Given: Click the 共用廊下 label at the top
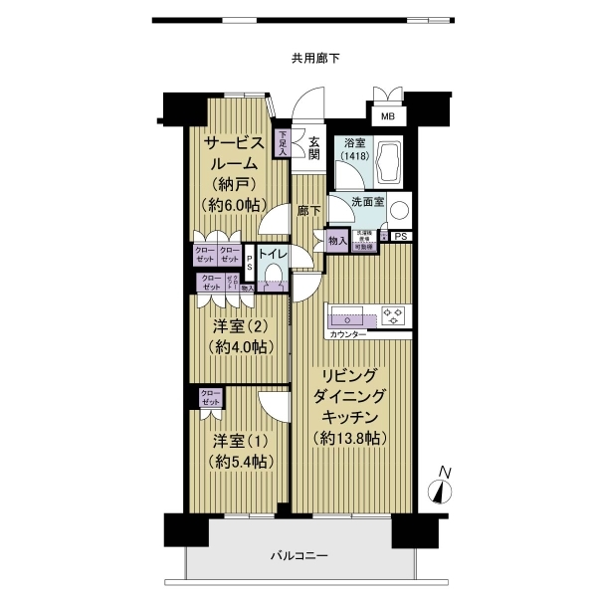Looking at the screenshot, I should tap(315, 58).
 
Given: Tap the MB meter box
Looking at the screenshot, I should tap(387, 115).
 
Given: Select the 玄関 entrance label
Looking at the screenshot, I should tap(313, 147).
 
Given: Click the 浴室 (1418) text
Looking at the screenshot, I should tap(352, 150).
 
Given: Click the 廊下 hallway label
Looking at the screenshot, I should tap(308, 211).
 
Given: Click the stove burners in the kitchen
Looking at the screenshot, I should tap(395, 316).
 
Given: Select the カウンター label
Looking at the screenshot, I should tap(347, 334).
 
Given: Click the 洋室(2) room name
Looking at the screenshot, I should tap(239, 325).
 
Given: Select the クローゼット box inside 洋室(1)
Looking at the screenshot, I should tap(210, 398).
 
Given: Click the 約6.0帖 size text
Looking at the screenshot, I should tap(233, 204).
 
